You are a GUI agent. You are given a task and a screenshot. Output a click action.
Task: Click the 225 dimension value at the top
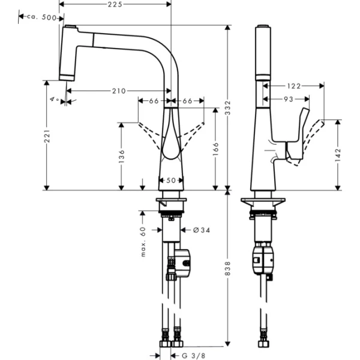115,4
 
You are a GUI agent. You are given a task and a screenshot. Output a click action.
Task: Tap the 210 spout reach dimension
118,91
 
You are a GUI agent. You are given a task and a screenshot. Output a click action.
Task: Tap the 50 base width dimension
172,180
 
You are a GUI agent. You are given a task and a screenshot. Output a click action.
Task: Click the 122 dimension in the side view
293,85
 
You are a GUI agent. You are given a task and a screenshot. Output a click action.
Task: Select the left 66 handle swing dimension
154,101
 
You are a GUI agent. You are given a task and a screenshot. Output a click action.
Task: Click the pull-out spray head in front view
68,53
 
